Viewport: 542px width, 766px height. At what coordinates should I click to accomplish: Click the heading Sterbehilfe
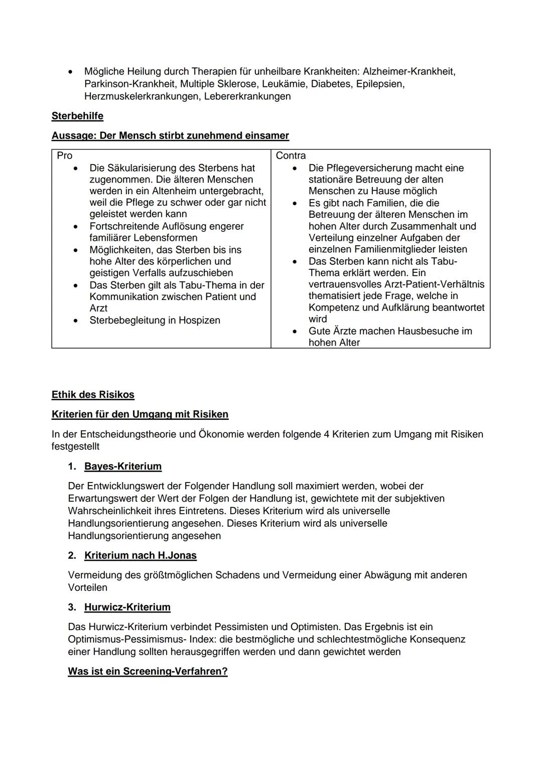click(77, 116)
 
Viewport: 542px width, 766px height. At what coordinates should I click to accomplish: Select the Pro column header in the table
click(65, 156)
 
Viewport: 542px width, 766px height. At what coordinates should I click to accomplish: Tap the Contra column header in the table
click(291, 156)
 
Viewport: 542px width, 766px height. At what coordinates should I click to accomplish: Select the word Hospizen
click(199, 320)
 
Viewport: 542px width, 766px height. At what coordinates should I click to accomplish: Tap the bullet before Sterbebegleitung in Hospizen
click(76, 320)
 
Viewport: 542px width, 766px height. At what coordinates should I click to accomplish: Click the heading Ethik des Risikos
click(93, 395)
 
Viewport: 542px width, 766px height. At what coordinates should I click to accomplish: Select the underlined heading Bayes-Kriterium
click(123, 467)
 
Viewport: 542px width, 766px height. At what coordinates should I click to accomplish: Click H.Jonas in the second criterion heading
click(177, 555)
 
